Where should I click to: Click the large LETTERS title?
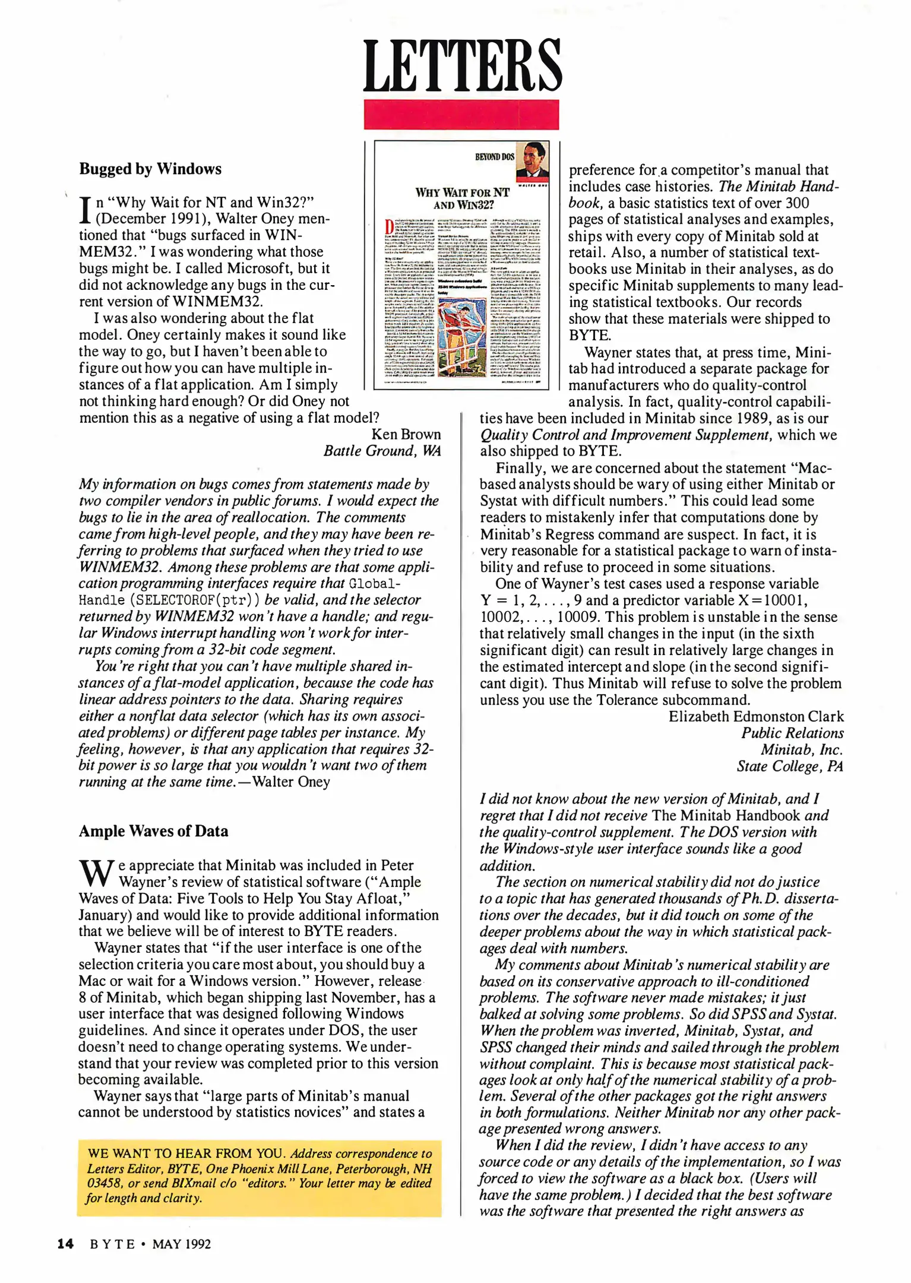[462, 67]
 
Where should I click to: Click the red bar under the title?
[461, 115]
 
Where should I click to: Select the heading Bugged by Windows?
[150, 169]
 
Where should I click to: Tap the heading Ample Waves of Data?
[153, 831]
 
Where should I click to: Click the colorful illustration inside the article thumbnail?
[461, 334]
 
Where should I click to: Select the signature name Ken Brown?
[406, 434]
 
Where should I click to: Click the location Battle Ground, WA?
[382, 451]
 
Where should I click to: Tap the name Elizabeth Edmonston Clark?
[755, 716]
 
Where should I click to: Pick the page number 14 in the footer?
[65, 1244]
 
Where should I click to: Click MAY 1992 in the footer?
[181, 1244]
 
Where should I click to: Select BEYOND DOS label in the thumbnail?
[494, 157]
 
